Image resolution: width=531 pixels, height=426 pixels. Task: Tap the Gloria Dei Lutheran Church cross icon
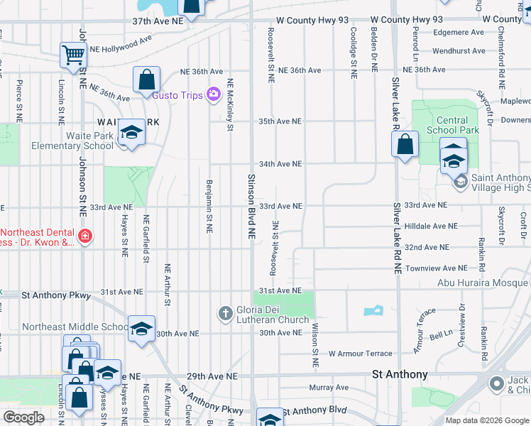225,313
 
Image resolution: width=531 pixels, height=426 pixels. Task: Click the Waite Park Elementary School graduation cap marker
131,133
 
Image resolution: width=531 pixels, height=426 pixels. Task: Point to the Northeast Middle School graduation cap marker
141,329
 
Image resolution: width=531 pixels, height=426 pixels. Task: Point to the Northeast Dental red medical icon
84,235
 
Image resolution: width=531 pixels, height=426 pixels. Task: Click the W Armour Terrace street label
360,354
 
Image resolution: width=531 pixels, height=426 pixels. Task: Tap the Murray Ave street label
329,388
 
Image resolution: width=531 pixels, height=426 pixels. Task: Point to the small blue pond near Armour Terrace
372,310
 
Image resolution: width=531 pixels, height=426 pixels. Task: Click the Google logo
23,417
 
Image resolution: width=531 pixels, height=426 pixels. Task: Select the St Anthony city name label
400,374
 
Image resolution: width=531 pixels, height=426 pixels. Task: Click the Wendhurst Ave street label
458,51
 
